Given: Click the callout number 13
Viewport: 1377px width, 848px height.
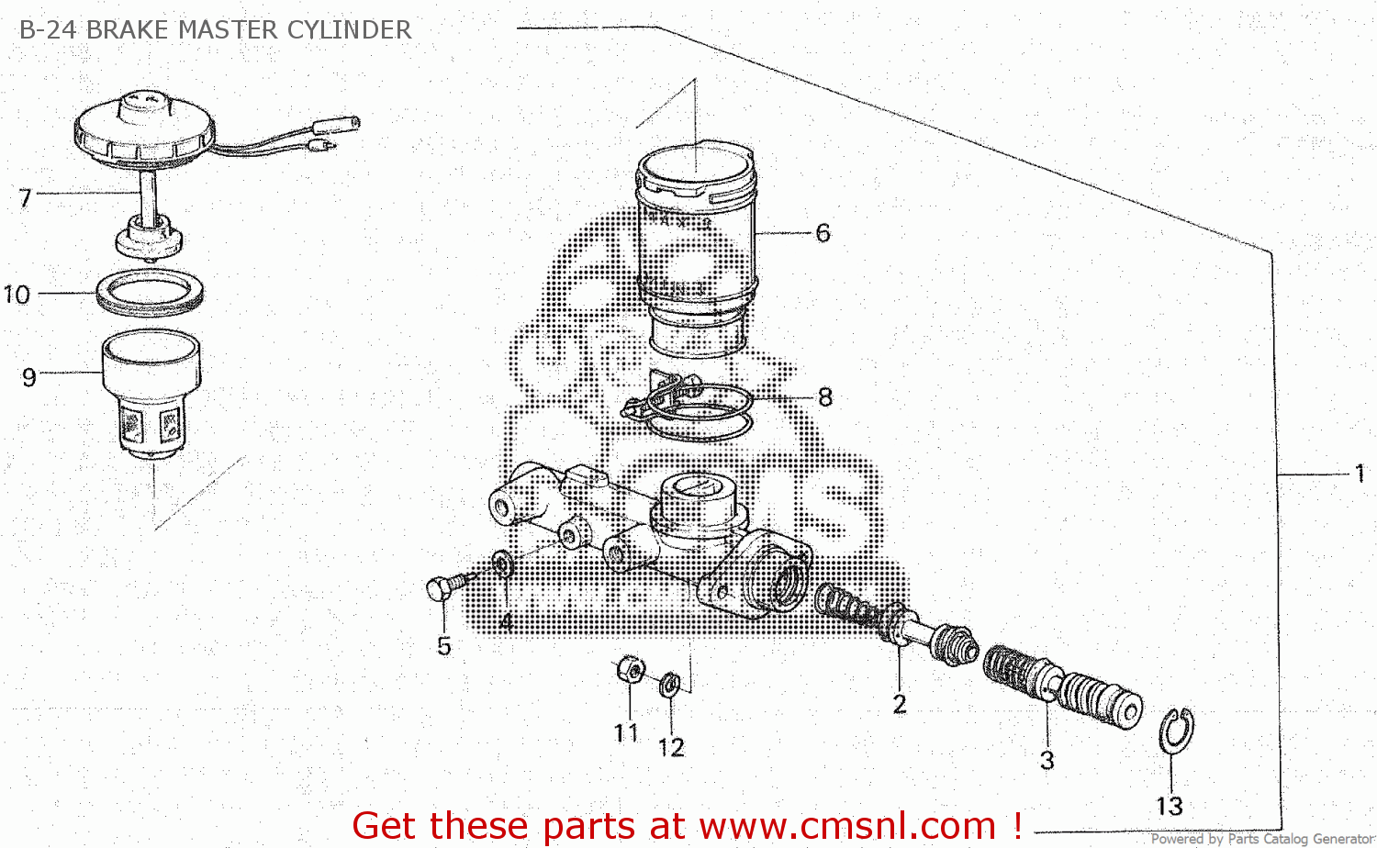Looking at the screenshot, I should coord(1169,806).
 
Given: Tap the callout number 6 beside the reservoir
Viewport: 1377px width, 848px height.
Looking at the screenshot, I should coord(823,233).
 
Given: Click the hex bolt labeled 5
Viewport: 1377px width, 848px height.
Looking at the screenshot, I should coord(441,588).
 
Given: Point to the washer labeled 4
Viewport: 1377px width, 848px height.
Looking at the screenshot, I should coord(502,563).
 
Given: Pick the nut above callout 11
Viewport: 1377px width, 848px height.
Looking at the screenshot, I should coord(630,669).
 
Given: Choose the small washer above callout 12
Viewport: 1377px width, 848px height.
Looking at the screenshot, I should coord(670,684).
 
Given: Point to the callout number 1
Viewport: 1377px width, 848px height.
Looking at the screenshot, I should coord(1360,474).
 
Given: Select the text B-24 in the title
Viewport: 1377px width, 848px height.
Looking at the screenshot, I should coord(48,29).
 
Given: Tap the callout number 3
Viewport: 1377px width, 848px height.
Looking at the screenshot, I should coord(1047,760).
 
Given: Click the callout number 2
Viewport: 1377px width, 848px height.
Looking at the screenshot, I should coord(899,704).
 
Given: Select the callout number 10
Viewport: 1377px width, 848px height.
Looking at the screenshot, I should coord(17,295).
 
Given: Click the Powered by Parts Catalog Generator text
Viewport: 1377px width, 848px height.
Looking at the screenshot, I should coord(1261,839).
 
